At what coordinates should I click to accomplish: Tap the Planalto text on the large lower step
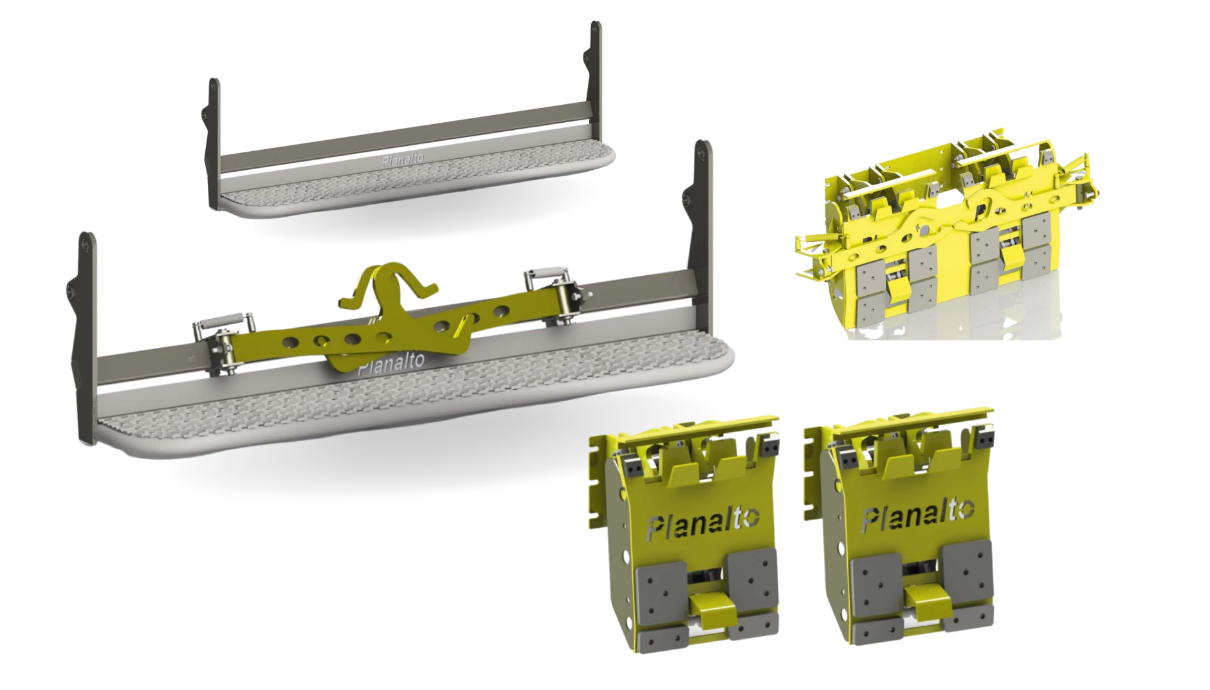point(391,364)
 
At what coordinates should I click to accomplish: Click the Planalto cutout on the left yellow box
point(703,521)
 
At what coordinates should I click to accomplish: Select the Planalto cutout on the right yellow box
point(917,516)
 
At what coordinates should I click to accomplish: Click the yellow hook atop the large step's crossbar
point(389,289)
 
